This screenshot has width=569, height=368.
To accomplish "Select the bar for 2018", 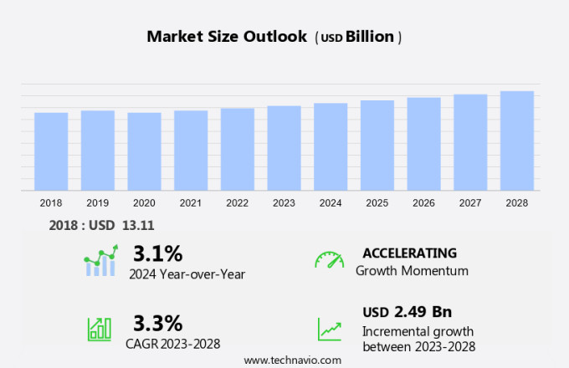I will (x=51, y=151).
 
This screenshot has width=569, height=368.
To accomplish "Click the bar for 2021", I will (x=191, y=151).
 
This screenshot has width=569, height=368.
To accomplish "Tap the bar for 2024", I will (x=331, y=147).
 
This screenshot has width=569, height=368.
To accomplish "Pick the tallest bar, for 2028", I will (x=517, y=141).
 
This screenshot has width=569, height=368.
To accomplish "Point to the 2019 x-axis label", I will (x=97, y=203).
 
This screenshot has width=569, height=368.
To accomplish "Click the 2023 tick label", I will (x=284, y=203).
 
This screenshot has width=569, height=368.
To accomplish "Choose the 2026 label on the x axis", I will (x=423, y=203).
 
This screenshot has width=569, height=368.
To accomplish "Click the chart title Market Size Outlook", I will (x=227, y=37).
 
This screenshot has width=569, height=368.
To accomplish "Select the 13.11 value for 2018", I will (x=138, y=225).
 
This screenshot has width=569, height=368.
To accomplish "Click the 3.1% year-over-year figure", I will (x=157, y=253).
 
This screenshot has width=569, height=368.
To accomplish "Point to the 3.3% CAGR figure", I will (x=157, y=323).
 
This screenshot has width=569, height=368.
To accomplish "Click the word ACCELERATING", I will (x=409, y=253).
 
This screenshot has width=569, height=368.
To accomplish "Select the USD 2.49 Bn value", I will (x=407, y=312).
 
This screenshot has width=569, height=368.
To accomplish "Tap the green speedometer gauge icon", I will (x=329, y=260).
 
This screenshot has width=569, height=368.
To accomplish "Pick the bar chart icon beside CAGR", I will (x=100, y=328).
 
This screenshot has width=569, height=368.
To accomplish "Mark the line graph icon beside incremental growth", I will (x=329, y=328).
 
